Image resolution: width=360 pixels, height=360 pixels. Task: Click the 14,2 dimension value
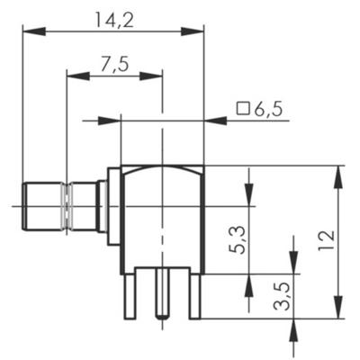(113, 18)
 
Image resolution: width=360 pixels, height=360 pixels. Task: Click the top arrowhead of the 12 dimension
(339, 173)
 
